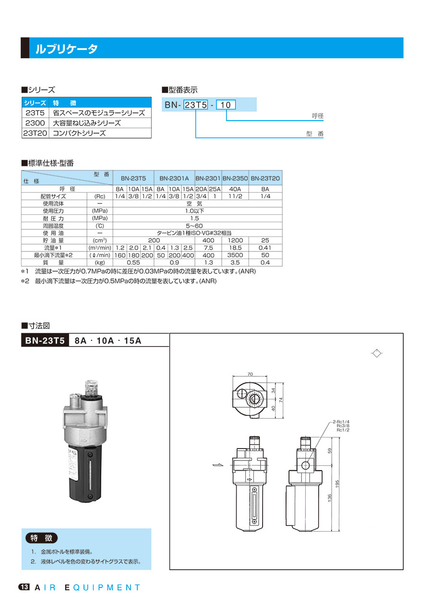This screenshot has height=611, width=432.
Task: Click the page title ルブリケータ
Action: point(66,49)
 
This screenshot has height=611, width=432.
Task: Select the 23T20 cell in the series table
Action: point(35,133)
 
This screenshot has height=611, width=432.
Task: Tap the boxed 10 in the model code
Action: point(226,105)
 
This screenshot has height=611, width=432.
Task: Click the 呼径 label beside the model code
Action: point(318,116)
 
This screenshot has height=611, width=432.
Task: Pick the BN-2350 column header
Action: point(235,178)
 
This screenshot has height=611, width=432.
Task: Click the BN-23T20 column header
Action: point(265,178)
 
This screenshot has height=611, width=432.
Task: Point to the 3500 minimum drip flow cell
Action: point(235,255)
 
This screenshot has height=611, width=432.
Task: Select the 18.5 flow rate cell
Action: point(235,248)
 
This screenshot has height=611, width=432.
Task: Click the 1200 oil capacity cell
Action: point(235,240)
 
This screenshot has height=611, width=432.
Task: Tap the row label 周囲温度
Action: point(53,226)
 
